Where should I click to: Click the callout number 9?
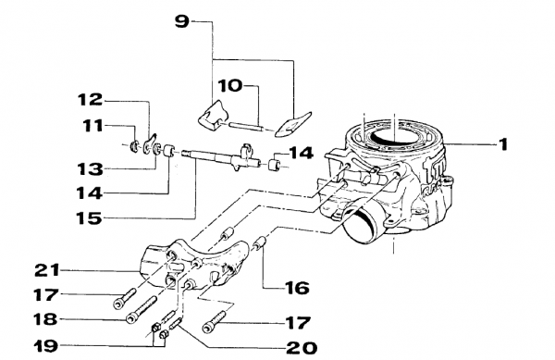pyautogui.click(x=182, y=22)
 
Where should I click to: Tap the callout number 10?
pyautogui.click(x=230, y=86)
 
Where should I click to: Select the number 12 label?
pyautogui.click(x=91, y=100)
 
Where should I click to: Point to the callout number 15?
pyautogui.click(x=89, y=218)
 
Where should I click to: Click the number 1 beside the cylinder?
pyautogui.click(x=503, y=144)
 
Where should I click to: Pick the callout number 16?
pyautogui.click(x=297, y=288)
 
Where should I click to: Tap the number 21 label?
pyautogui.click(x=47, y=270)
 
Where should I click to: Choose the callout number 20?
pyautogui.click(x=302, y=348)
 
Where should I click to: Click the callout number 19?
pyautogui.click(x=45, y=345)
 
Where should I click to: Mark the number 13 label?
pyautogui.click(x=91, y=169)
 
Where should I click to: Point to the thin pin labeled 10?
pyautogui.click(x=246, y=127)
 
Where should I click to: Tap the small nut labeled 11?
pyautogui.click(x=134, y=146)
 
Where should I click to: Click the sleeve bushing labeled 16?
pyautogui.click(x=261, y=244)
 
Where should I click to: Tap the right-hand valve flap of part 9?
pyautogui.click(x=292, y=124)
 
